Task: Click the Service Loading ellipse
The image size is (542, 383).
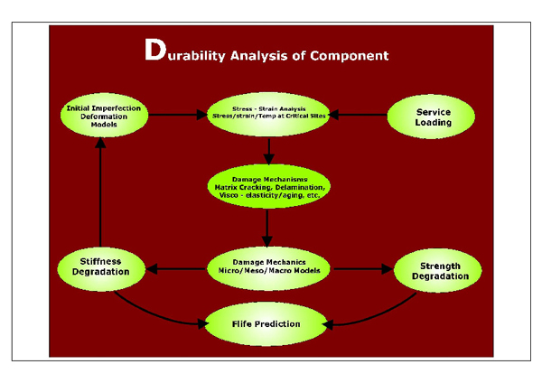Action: coord(433,117)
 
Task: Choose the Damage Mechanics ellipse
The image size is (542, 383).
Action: coord(268,266)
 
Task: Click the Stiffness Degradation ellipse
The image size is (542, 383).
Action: coord(101,267)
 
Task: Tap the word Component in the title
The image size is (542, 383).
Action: coord(350,55)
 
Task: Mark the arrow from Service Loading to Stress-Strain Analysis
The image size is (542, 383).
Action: coord(357,115)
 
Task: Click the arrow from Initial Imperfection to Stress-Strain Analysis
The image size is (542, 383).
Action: coord(176,115)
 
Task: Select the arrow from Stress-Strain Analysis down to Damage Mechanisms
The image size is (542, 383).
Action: coord(268,148)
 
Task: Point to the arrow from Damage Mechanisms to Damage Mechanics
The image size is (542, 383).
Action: coord(268,227)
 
